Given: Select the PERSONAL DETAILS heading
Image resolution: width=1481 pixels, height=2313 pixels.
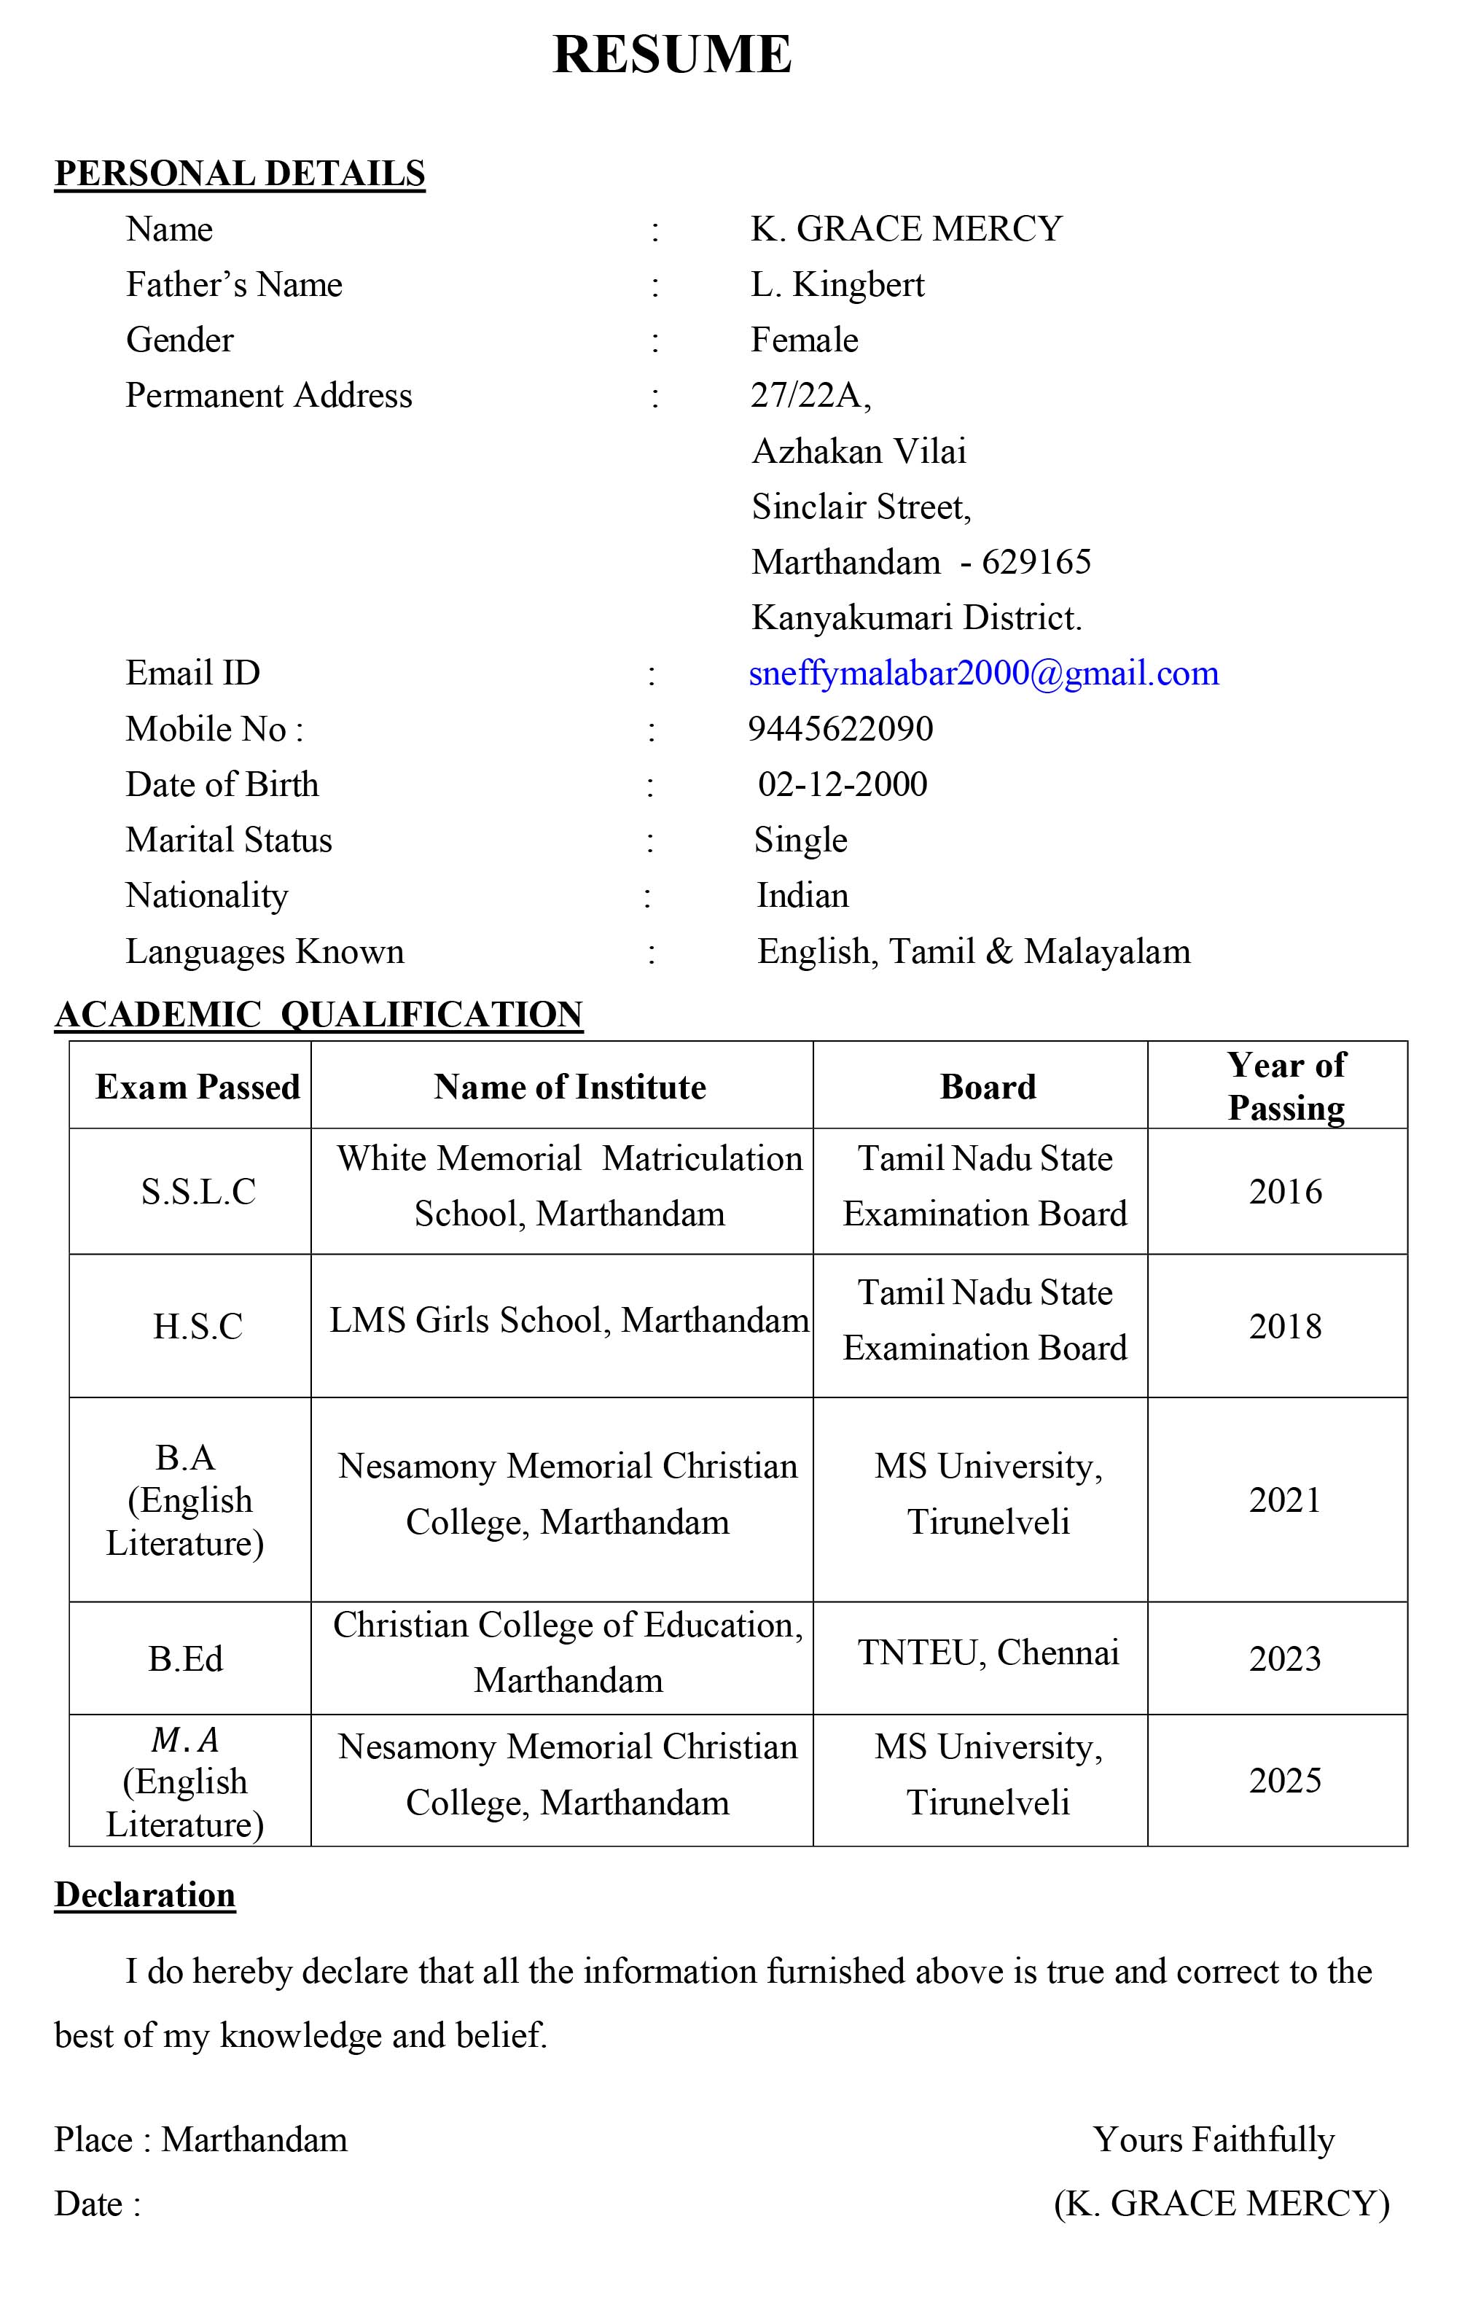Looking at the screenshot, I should [x=240, y=174].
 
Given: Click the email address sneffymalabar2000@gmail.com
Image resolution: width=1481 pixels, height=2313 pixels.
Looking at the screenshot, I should [x=983, y=674].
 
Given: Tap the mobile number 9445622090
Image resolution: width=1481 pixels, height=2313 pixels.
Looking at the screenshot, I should [x=840, y=729].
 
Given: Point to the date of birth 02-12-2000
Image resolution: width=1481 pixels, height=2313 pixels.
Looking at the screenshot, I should [x=843, y=785].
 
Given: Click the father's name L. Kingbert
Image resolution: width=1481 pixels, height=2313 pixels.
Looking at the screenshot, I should [x=837, y=285].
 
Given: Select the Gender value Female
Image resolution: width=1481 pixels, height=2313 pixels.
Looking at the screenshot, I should [x=804, y=340].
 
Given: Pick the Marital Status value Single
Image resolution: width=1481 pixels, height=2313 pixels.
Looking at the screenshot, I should [x=800, y=840].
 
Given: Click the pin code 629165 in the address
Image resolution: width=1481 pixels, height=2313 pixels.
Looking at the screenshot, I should [x=1036, y=563].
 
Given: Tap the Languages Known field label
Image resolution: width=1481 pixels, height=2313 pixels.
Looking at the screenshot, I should [x=265, y=952].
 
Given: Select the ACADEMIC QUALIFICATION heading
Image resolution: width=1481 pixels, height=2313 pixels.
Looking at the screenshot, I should [x=319, y=1015].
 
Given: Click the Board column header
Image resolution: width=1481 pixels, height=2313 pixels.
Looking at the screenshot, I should [x=988, y=1087].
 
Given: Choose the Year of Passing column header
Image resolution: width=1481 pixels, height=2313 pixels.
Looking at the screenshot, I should [x=1286, y=1087].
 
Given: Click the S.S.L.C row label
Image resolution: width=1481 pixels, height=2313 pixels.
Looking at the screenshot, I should [x=198, y=1193].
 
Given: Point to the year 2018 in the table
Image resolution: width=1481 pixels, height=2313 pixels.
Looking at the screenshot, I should [x=1285, y=1327].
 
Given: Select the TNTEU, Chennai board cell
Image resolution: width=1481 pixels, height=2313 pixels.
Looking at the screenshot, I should [x=988, y=1653].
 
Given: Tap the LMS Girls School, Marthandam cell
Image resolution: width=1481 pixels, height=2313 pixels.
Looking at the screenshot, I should [x=569, y=1322].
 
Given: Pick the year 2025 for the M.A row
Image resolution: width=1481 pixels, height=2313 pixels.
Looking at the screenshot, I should [x=1285, y=1781].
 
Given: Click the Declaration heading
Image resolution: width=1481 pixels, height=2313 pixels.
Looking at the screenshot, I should [x=145, y=1895].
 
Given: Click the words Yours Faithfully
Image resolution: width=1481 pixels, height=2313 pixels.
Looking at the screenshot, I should [x=1214, y=2140].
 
